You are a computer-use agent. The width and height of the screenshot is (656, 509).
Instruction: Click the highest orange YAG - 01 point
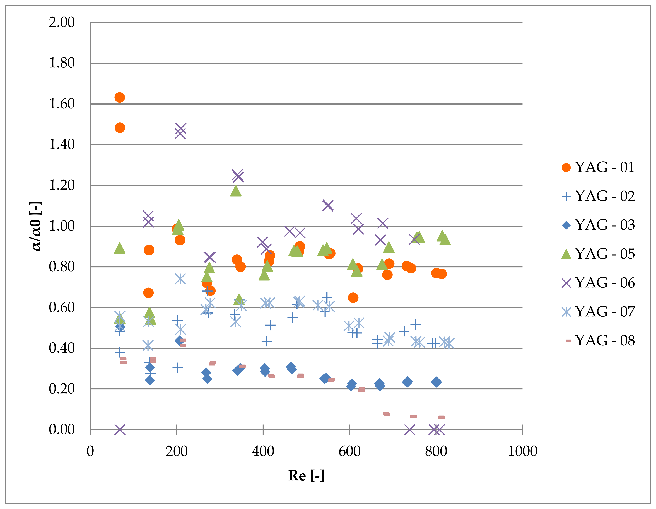[120, 97]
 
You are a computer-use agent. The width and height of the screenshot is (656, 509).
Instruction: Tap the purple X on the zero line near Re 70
[120, 429]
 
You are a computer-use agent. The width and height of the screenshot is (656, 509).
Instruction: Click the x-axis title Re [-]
[306, 476]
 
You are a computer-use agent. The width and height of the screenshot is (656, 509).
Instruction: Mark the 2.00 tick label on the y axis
[62, 23]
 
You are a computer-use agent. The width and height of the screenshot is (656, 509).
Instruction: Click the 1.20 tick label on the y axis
[62, 185]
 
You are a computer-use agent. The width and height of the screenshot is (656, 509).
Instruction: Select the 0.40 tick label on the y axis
[62, 348]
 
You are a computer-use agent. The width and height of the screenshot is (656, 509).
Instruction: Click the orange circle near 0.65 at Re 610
[353, 298]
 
